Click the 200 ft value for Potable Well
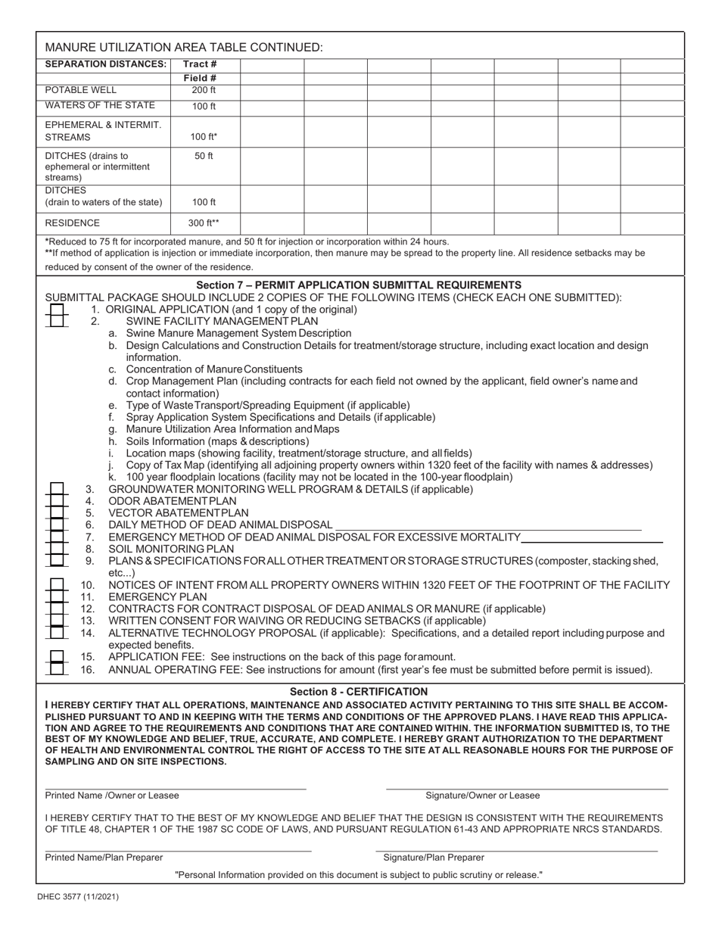204,90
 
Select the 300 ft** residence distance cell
204,223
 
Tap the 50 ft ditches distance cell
204,156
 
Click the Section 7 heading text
359,285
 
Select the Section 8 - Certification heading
359,692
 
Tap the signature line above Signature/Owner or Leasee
527,789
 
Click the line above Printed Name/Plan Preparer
178,851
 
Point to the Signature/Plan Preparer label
434,858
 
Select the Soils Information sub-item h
217,441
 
